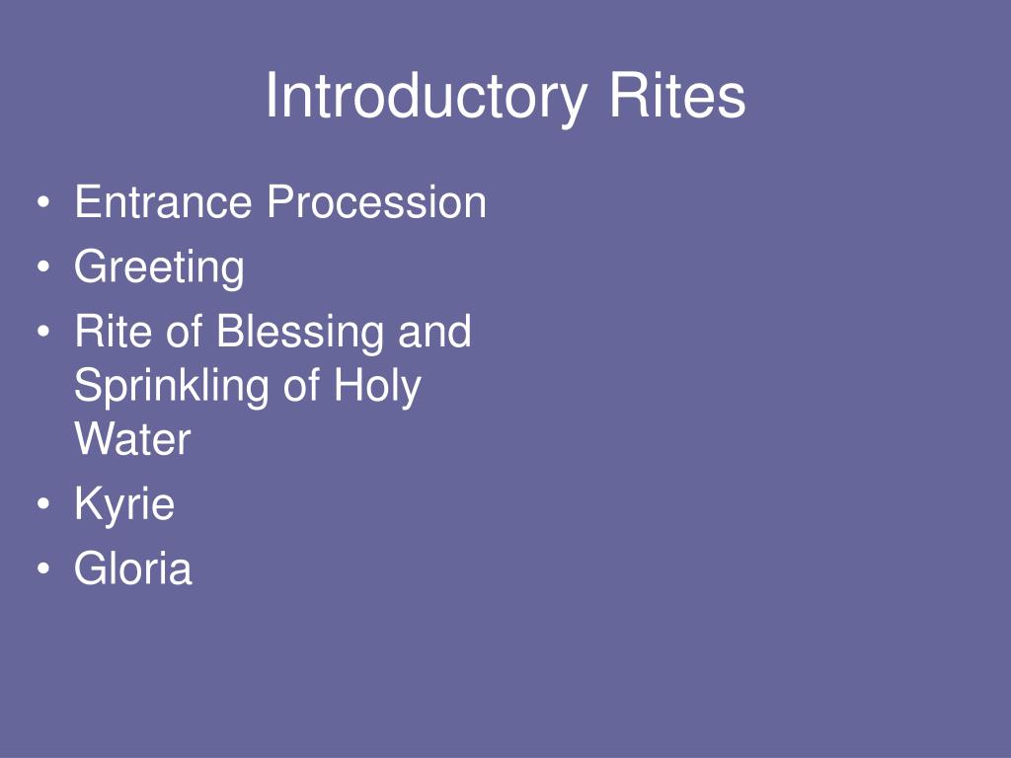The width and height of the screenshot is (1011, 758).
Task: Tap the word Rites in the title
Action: tap(676, 97)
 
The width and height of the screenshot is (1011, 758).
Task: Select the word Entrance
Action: tap(163, 203)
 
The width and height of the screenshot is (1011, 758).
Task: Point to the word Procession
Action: tap(376, 203)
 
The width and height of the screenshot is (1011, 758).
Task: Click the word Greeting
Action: tap(159, 267)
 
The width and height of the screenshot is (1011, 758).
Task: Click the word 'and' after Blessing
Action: tap(434, 332)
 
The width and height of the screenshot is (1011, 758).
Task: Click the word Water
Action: tap(132, 439)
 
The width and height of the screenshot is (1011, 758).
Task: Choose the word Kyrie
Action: tap(124, 504)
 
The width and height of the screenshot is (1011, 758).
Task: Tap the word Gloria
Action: tap(133, 568)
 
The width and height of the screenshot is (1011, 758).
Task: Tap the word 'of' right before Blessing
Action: tap(185, 332)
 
